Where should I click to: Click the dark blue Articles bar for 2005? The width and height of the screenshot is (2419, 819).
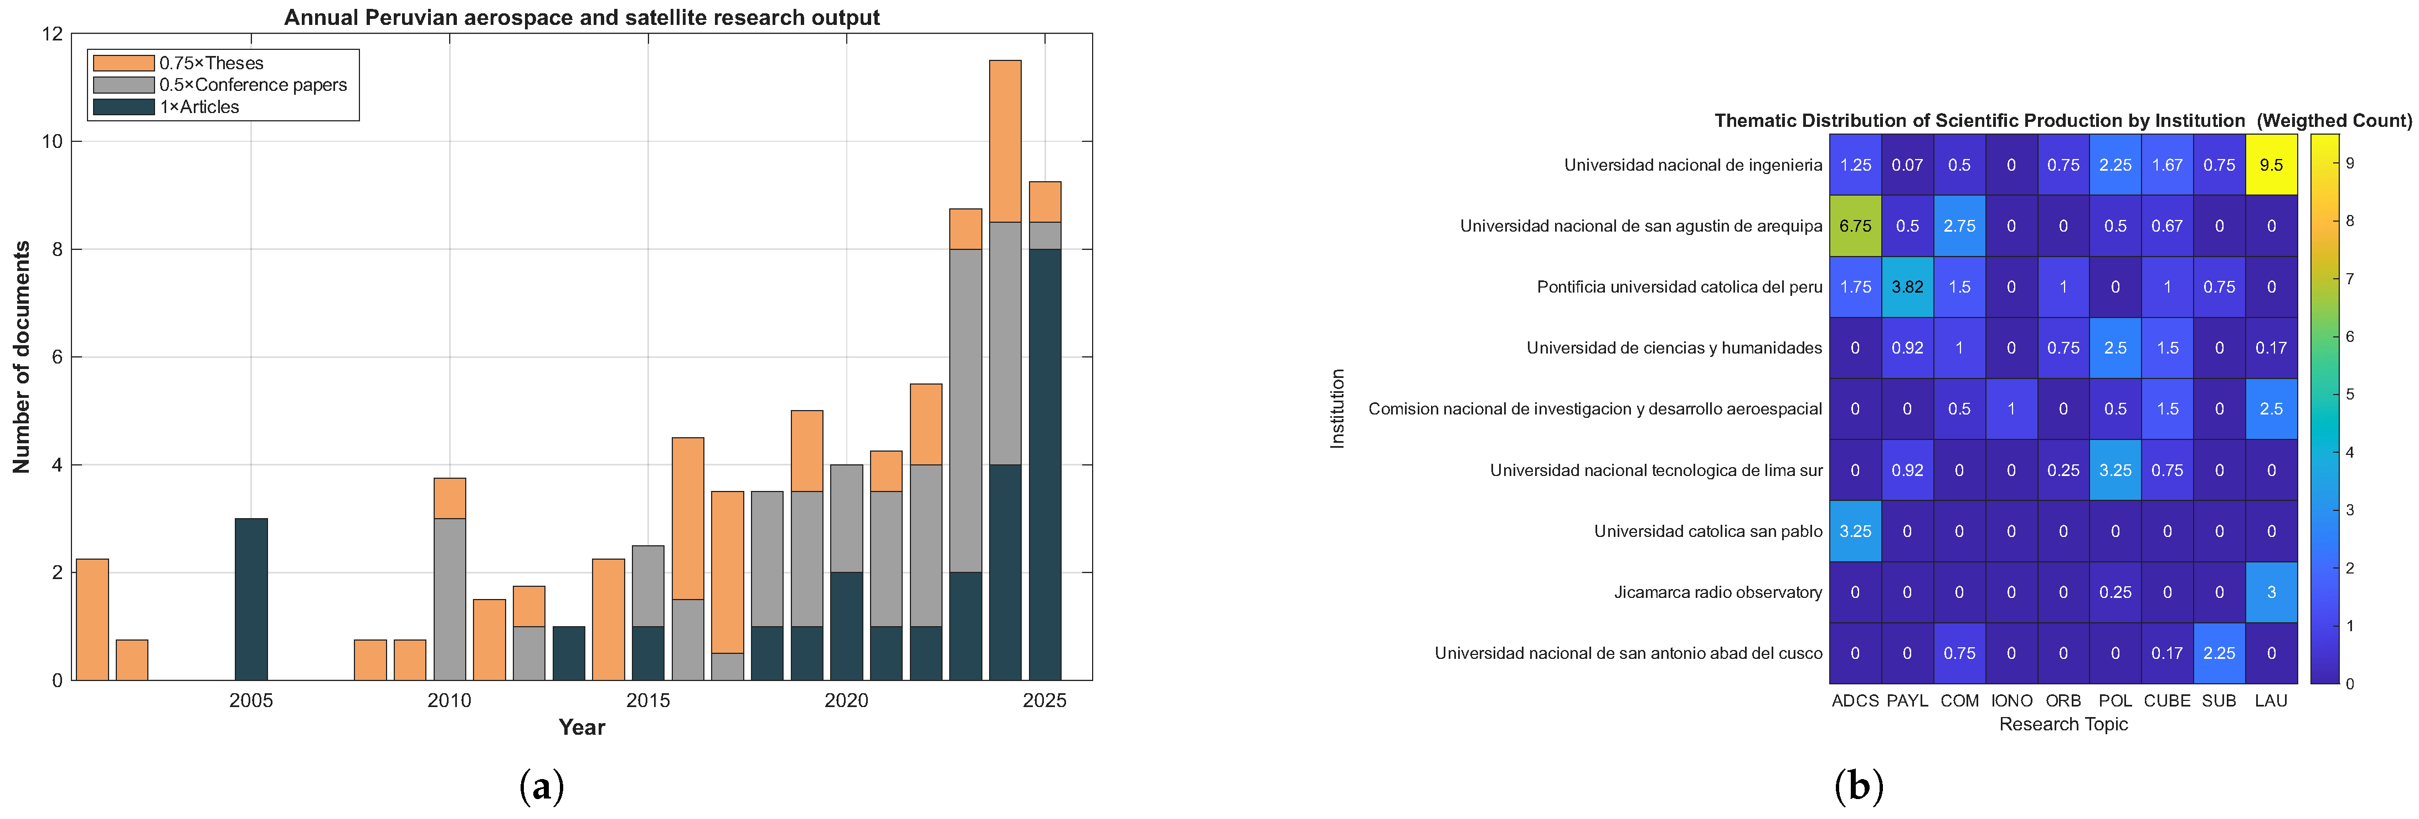tap(251, 599)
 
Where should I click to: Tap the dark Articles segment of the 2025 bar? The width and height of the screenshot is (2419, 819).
tap(1044, 464)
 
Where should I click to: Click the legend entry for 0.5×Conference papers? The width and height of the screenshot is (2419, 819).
tap(220, 85)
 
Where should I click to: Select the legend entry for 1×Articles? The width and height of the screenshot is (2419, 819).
tap(165, 107)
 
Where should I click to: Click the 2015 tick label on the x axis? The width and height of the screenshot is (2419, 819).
tap(648, 700)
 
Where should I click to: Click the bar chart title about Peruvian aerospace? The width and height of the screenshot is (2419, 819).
tap(582, 17)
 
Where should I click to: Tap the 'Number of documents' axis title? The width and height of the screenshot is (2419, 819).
tap(20, 357)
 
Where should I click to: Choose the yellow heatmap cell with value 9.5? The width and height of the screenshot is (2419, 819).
tap(2272, 165)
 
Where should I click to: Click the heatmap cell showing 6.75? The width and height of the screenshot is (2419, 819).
tap(1856, 226)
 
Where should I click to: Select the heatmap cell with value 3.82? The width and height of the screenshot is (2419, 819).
tap(1907, 286)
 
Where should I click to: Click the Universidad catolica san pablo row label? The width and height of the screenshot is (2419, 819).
tap(1707, 531)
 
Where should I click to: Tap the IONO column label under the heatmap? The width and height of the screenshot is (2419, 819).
tap(2011, 700)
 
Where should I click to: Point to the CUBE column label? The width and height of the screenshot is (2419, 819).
tap(2168, 700)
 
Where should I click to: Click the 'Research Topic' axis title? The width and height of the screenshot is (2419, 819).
tap(2063, 724)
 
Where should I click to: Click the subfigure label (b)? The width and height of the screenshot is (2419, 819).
tap(1859, 785)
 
